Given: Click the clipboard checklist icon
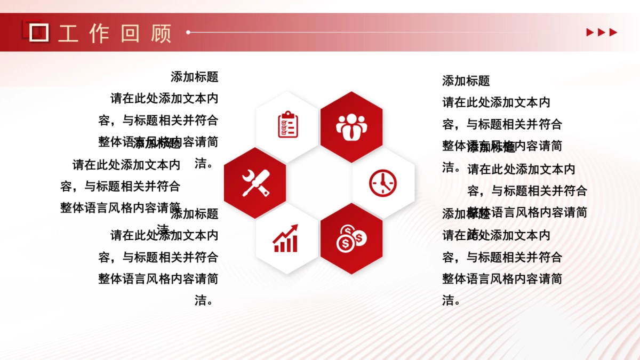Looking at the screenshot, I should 288,124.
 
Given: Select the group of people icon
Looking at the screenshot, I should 351,126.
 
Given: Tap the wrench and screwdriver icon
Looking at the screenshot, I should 255,182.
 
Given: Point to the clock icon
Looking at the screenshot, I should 383,182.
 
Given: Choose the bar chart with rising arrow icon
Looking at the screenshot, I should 285,238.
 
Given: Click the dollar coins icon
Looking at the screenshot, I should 351,238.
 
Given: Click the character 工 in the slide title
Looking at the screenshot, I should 68,33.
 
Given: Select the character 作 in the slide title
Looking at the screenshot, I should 99,33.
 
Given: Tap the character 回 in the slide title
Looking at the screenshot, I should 130,33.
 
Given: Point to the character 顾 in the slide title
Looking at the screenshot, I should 161,33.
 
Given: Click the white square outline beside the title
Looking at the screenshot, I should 39,33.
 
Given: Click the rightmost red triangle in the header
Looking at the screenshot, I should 613,33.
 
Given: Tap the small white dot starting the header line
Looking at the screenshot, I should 188,33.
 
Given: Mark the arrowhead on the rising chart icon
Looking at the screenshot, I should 294,228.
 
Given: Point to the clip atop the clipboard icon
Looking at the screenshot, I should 288,114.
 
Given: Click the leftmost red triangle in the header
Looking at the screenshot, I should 590,33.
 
